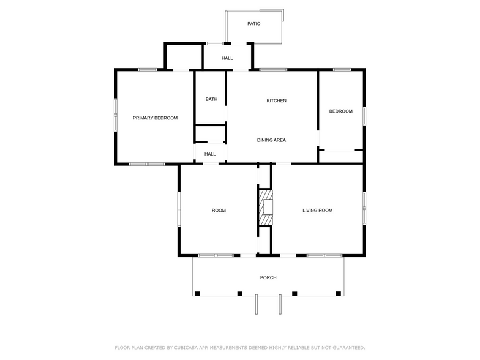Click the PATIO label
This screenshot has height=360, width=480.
tap(253, 24)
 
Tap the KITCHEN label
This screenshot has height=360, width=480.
tap(276, 100)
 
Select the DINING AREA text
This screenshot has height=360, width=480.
tap(271, 140)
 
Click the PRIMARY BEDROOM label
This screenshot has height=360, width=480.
tap(156, 118)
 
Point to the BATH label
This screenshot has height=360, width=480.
tap(211, 99)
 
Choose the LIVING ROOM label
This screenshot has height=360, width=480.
tap(317, 211)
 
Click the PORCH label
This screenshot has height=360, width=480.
tap(268, 277)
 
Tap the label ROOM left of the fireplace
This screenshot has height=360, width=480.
tap(219, 211)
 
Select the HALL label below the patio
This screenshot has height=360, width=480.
tap(227, 58)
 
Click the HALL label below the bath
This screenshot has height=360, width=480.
tap(210, 154)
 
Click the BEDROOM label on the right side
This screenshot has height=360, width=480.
tap(340, 111)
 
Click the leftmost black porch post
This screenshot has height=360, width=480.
tap(197, 294)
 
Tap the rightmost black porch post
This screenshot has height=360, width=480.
tap(338, 294)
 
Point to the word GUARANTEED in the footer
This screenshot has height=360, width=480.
tap(343, 347)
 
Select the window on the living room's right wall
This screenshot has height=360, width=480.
tap(364, 209)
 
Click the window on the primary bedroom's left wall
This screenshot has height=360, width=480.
tap(115, 114)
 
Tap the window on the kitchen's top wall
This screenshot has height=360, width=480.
tap(273, 69)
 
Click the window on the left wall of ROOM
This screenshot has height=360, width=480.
tap(179, 209)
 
